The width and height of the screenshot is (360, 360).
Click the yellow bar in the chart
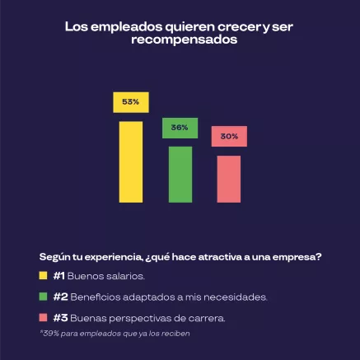130,161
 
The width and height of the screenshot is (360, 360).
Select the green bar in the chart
180,174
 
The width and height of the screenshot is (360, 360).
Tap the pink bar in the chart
229,178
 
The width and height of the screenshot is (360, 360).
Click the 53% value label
130,102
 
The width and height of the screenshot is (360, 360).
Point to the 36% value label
180,128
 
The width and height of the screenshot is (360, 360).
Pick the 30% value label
229,136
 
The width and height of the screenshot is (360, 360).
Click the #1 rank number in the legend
58,276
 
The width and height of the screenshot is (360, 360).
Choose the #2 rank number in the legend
59,297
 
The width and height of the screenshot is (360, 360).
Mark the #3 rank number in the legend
59,317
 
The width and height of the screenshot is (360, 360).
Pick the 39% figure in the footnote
49,334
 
